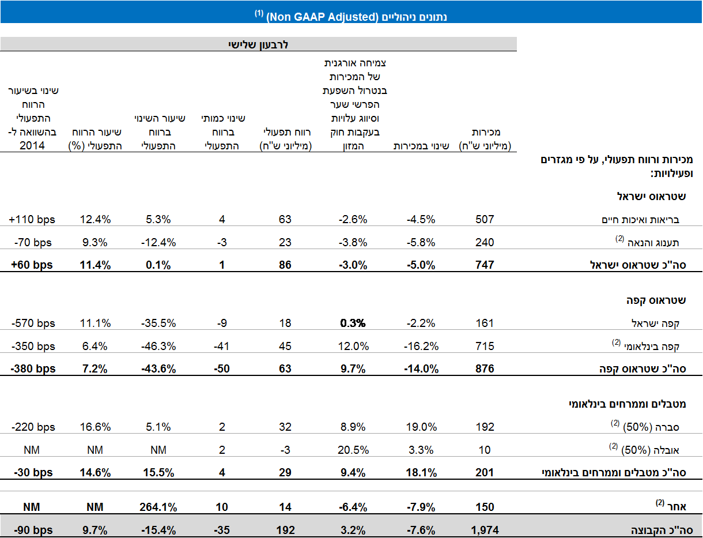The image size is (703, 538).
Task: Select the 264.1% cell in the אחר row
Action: pos(157,507)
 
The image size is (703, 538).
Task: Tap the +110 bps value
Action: pos(32,219)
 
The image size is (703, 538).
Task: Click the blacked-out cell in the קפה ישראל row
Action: pos(353,318)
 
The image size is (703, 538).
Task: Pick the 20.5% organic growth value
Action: pos(353,450)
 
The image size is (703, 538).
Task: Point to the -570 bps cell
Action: pos(33,323)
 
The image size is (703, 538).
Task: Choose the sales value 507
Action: pos(485,219)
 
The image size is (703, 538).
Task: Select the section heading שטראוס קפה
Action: pos(656,300)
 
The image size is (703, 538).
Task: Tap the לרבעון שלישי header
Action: pos(258,44)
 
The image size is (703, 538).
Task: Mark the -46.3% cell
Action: pos(157,346)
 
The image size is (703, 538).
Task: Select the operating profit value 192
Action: pos(285,530)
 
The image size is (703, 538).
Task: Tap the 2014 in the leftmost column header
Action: pos(32,146)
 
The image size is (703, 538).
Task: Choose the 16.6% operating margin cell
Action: pos(95,427)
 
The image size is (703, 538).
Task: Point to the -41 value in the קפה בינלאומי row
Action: pos(222,346)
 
